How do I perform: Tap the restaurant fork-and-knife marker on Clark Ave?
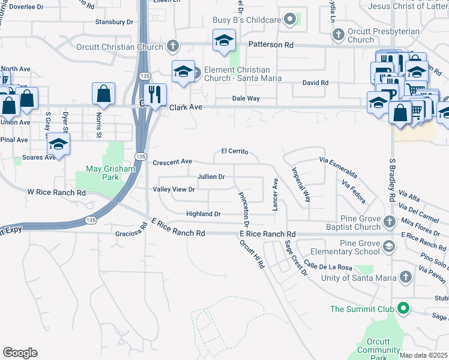point(155,94)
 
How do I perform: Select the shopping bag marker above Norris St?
point(104,94)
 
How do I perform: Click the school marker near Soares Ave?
point(58,145)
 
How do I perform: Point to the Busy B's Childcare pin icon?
point(291,20)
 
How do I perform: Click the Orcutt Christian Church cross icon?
point(172,47)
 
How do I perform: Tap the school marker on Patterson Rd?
point(224,41)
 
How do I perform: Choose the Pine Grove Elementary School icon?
point(389,246)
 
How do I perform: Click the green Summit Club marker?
point(403,309)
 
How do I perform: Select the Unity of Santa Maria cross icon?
point(406,277)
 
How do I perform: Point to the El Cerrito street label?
point(235,152)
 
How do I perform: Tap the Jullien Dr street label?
point(211,177)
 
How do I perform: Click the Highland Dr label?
point(203,214)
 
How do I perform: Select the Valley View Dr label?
point(175,190)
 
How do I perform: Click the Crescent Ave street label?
point(172,162)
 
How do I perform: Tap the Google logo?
point(20,353)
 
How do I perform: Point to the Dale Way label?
point(246,99)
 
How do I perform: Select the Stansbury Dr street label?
point(114,22)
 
